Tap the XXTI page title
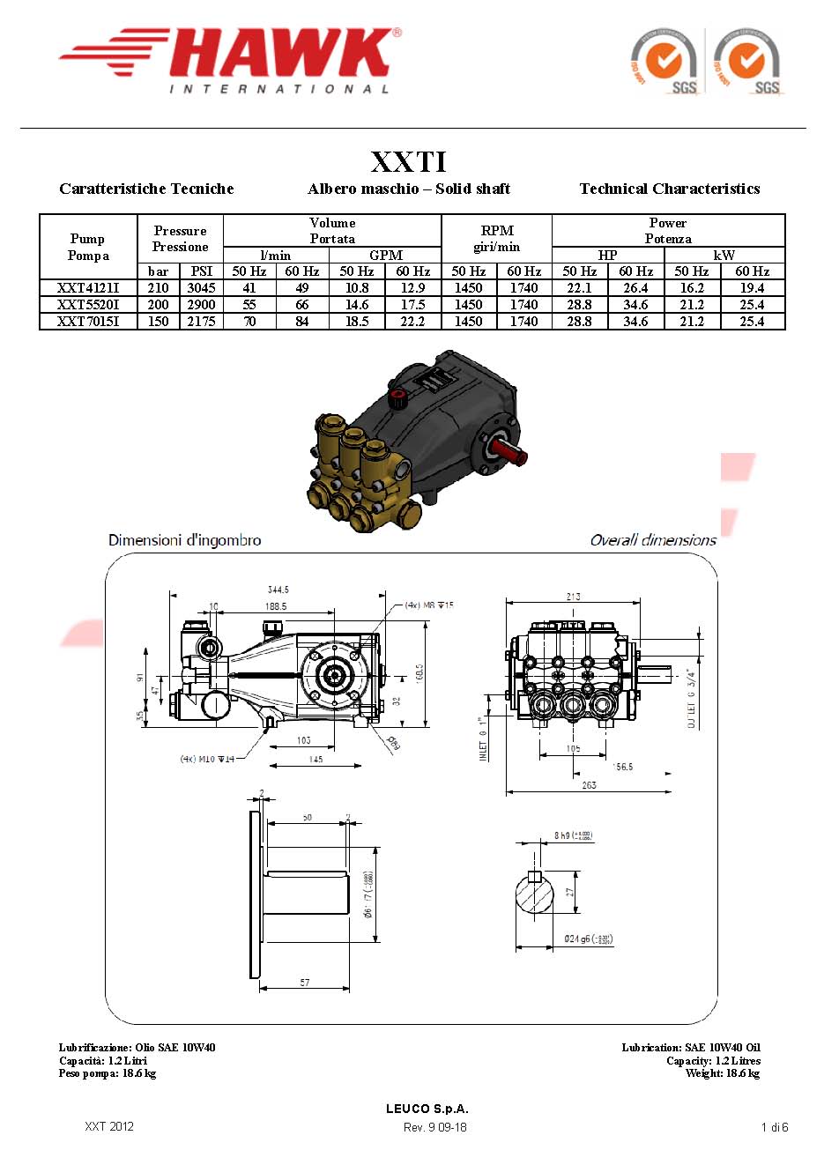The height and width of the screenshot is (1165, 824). click(409, 161)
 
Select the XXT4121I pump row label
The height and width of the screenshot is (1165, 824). click(88, 287)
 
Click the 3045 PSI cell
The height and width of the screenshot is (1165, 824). click(201, 287)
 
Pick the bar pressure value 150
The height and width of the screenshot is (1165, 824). click(158, 321)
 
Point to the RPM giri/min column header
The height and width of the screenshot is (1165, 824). click(497, 238)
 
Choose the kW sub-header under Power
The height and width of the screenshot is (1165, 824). click(724, 255)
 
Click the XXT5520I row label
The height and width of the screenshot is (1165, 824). click(88, 304)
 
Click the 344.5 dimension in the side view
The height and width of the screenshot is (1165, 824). click(278, 590)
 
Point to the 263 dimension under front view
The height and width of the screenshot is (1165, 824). click(589, 784)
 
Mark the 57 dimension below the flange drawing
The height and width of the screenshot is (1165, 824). click(305, 982)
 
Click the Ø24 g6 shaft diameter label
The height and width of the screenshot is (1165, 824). click(588, 939)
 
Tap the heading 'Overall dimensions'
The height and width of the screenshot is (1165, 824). click(653, 540)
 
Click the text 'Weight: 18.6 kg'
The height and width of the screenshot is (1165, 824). click(723, 1072)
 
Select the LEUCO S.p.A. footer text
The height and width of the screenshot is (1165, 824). click(427, 1109)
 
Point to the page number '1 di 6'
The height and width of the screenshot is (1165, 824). click(774, 1127)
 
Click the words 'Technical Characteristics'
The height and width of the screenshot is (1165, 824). click(670, 189)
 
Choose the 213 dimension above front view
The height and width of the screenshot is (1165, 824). click(573, 597)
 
